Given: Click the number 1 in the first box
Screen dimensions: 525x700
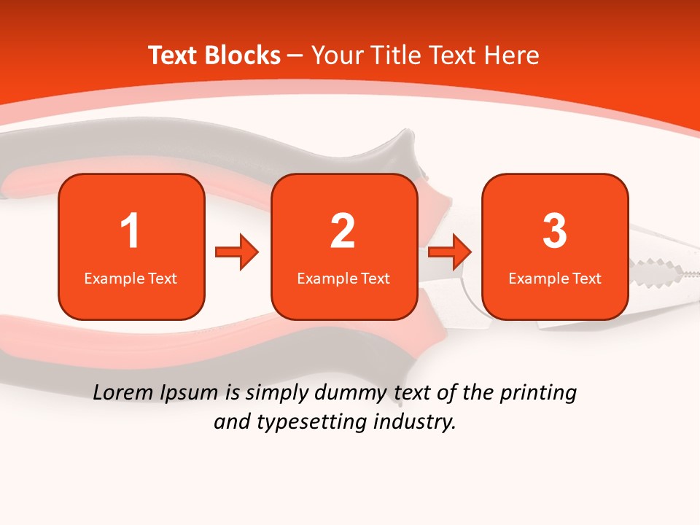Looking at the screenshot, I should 130,231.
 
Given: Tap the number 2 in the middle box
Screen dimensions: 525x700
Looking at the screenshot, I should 343,231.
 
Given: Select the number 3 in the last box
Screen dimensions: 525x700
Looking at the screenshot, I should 555,231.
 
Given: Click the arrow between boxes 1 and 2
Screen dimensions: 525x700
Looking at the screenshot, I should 237,253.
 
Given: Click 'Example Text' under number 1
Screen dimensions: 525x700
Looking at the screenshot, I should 131,278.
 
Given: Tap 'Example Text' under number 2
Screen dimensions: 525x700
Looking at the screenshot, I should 343,278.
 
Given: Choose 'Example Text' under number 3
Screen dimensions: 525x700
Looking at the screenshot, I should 555,278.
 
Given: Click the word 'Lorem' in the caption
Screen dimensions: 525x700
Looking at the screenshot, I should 123,392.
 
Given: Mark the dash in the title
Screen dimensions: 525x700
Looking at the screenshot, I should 295,56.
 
